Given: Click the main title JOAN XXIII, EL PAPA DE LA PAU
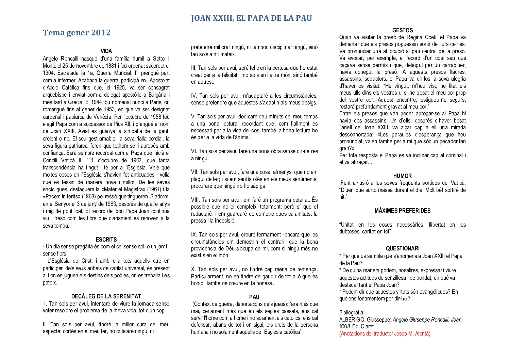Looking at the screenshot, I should pyautogui.click(x=251, y=18).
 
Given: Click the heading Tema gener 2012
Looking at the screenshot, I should pyautogui.click(x=77, y=33).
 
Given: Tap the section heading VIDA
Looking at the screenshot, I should pyautogui.click(x=106, y=51).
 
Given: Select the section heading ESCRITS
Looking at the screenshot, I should pyautogui.click(x=106, y=240).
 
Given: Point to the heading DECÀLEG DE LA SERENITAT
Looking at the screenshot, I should pyautogui.click(x=106, y=296).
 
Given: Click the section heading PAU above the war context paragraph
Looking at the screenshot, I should pyautogui.click(x=254, y=297).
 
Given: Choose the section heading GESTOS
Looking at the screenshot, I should pyautogui.click(x=402, y=31).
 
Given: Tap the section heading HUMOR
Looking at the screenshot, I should pyautogui.click(x=402, y=176).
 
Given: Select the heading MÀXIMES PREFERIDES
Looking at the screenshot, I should pyautogui.click(x=402, y=211).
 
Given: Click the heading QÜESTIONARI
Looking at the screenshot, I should pyautogui.click(x=402, y=249).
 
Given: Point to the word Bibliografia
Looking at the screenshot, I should pyautogui.click(x=352, y=312).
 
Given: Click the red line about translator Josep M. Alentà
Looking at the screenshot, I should pyautogui.click(x=385, y=333).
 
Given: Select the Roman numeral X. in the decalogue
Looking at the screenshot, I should pyautogui.click(x=193, y=269).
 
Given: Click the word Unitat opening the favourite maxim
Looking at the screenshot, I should pyautogui.click(x=347, y=225).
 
